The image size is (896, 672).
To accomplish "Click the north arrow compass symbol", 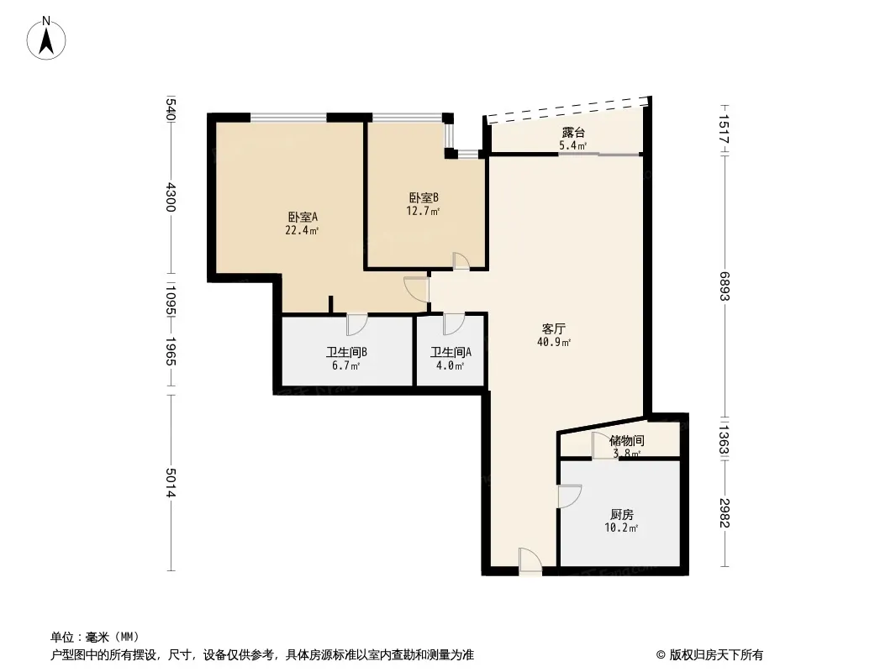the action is tap(46, 39).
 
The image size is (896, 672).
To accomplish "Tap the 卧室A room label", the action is tap(303, 217).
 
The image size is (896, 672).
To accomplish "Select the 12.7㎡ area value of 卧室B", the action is tap(423, 211).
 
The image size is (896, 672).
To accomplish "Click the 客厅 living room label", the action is tap(554, 329).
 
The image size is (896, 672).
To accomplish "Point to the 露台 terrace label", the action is tap(573, 133).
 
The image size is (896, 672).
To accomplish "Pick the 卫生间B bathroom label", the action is tap(346, 352).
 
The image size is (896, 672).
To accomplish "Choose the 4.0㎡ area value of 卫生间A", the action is tap(451, 365).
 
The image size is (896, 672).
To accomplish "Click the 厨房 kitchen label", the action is tap(622, 514).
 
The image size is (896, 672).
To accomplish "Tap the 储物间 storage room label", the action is tap(627, 441).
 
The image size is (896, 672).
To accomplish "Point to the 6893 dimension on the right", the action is tap(725, 286).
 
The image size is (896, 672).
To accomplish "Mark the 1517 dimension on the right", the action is tap(725, 129).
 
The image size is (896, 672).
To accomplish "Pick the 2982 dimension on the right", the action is tap(725, 513).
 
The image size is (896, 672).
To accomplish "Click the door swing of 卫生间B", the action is tap(356, 324).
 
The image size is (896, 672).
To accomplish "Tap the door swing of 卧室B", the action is tap(461, 261).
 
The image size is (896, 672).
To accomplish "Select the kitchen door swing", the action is tap(570, 496).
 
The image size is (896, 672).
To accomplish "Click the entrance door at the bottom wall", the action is tap(530, 559).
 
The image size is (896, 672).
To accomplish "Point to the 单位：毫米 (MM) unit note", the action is tap(95, 637).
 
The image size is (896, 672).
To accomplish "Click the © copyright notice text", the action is tap(709, 655).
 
